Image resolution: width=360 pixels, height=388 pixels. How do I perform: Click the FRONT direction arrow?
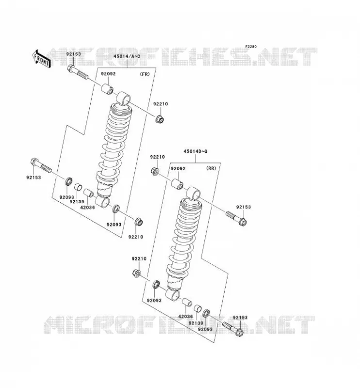[42, 59]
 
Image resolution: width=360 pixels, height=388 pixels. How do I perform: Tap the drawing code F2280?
[251, 47]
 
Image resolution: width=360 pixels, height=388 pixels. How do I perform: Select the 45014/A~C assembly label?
[127, 56]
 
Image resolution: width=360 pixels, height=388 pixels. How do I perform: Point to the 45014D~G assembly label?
[196, 151]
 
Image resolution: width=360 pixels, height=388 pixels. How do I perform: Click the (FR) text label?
[145, 74]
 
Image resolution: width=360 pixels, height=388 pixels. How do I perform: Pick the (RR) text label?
[211, 168]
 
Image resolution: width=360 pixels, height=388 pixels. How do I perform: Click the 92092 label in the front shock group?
[108, 74]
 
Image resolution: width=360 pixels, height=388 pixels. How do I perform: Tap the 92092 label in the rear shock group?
[178, 168]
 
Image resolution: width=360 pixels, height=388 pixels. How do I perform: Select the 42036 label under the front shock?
[87, 208]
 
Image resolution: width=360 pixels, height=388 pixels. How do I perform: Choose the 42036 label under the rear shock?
[185, 316]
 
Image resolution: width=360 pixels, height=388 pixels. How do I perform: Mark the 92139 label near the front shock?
[77, 202]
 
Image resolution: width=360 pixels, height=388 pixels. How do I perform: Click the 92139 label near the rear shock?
[196, 323]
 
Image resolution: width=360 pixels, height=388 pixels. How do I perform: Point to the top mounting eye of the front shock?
[123, 97]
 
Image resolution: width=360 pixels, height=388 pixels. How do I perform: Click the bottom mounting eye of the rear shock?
[173, 294]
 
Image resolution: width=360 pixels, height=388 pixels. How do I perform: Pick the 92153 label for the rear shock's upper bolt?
[244, 207]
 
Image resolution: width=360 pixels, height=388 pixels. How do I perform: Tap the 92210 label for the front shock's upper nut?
[161, 104]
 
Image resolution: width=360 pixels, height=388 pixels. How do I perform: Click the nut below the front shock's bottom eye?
[139, 222]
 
